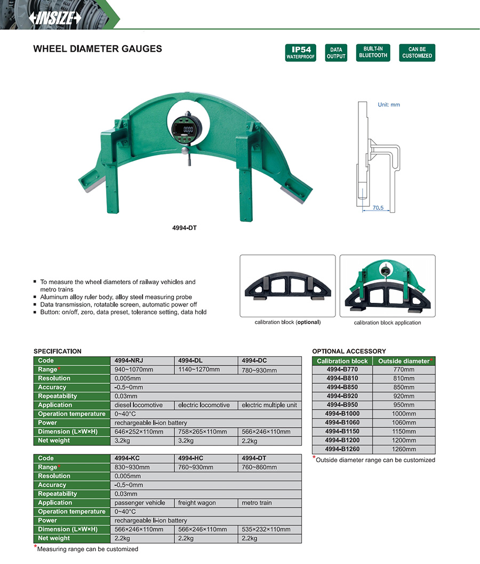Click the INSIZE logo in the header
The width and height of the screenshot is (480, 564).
click(x=57, y=17)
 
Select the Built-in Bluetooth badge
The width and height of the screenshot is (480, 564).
click(x=373, y=52)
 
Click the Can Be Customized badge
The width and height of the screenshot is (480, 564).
click(x=417, y=52)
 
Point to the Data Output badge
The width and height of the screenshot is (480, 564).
click(x=336, y=52)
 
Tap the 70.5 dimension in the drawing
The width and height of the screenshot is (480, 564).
click(x=377, y=208)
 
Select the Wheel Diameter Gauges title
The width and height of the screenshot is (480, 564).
click(x=98, y=49)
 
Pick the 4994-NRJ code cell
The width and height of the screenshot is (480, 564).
click(x=129, y=360)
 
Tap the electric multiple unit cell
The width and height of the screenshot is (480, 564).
click(x=269, y=405)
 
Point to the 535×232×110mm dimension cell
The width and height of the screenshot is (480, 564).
click(x=266, y=529)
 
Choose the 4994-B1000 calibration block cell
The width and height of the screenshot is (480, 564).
click(x=342, y=414)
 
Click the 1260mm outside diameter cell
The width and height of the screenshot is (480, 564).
click(x=404, y=449)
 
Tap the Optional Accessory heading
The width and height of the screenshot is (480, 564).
click(x=349, y=351)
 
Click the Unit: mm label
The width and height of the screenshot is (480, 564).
click(x=388, y=104)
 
